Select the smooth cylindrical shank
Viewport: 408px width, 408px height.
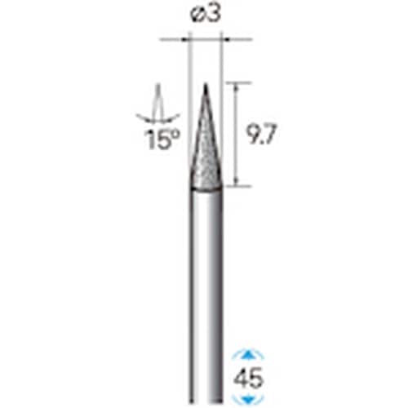coord(205,286)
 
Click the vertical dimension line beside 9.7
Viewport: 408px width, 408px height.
coord(237,134)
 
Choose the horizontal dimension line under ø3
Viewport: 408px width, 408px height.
coord(205,38)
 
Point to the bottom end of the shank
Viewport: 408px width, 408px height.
coord(205,404)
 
